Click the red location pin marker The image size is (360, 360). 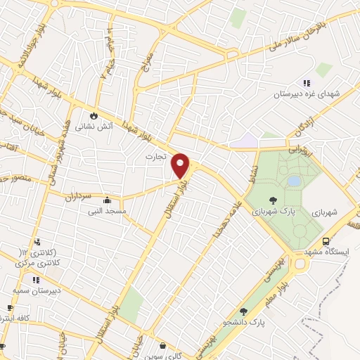coord(181,165)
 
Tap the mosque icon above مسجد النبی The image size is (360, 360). coord(106,200)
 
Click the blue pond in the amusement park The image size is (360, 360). coord(294,181)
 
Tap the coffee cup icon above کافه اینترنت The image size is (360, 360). coord(10,308)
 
